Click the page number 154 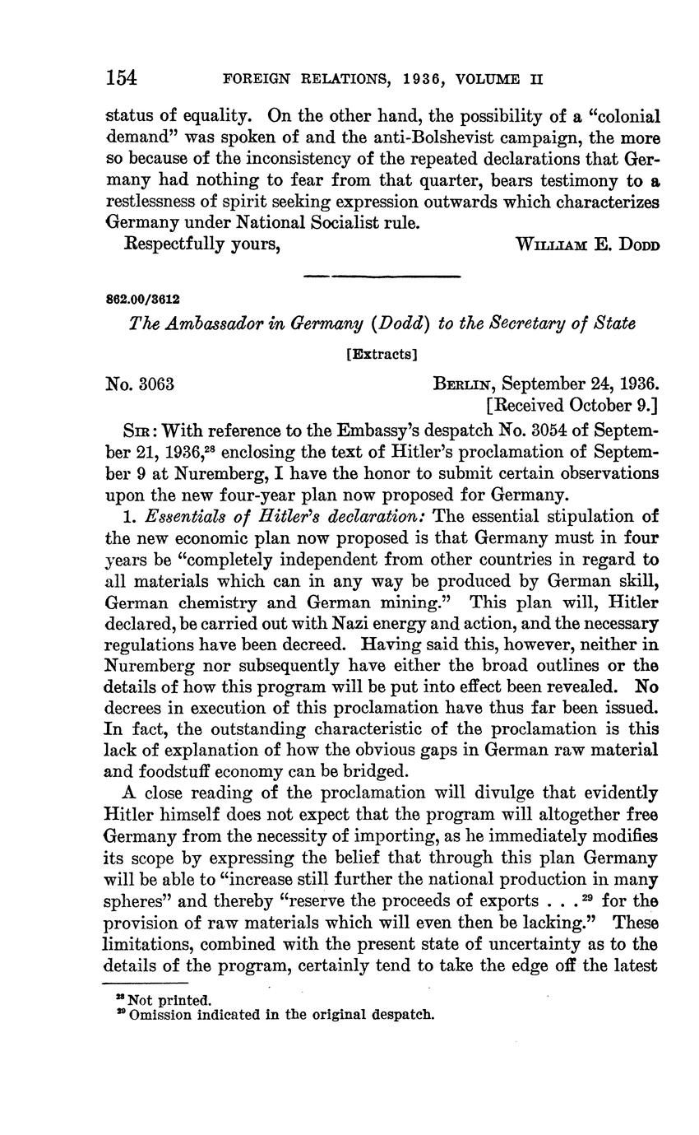point(121,78)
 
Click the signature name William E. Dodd point(586,245)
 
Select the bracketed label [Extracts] point(382,355)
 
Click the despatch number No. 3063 point(140,384)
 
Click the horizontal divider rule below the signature point(382,277)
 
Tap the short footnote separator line point(145,983)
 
